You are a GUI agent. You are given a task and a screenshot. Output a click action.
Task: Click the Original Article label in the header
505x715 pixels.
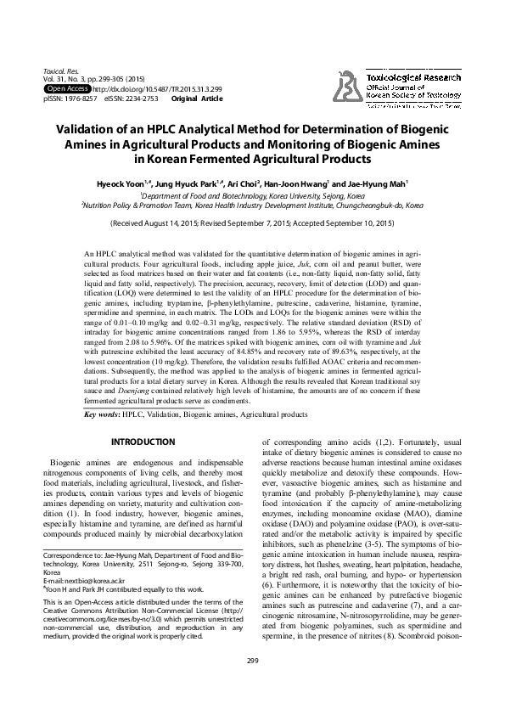coord(197,99)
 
